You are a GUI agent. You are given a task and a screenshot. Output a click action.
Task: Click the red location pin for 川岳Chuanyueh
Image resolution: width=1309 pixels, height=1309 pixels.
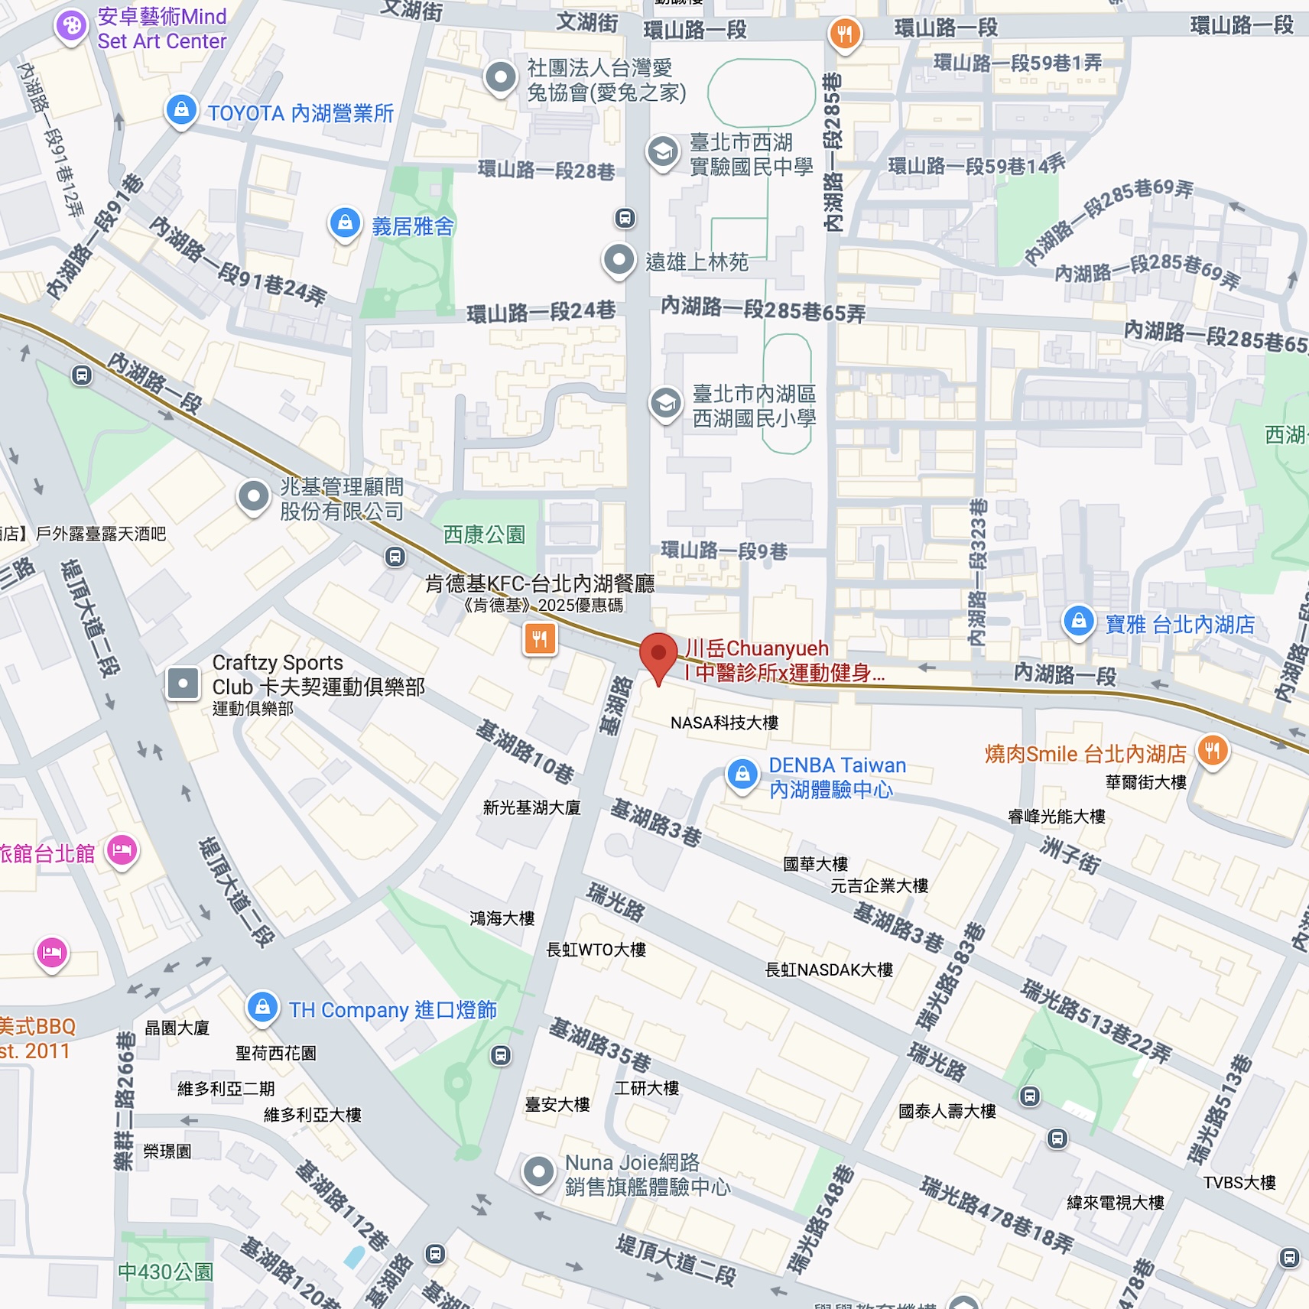[x=658, y=656]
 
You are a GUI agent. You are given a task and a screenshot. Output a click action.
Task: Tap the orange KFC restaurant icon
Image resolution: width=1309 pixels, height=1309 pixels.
[x=540, y=638]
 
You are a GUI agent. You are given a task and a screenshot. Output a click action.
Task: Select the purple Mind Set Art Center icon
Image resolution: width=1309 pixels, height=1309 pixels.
[x=71, y=27]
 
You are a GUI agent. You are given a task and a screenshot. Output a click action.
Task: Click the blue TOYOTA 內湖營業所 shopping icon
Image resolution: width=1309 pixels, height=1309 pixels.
[x=181, y=110]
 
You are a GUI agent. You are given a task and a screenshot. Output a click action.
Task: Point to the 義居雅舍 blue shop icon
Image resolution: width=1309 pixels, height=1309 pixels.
[x=345, y=222]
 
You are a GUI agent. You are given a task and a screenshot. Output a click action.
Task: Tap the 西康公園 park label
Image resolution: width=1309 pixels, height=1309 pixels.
[x=484, y=534]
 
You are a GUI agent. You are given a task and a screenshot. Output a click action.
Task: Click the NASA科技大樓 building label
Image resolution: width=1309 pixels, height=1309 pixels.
[x=724, y=723]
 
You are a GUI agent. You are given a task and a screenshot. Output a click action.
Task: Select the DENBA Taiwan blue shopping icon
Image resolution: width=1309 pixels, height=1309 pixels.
[x=742, y=775]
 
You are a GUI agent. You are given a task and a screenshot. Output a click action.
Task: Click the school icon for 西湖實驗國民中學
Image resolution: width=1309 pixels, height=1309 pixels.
[x=663, y=151]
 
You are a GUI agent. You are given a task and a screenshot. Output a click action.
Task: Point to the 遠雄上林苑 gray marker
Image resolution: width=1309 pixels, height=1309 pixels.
[x=619, y=260]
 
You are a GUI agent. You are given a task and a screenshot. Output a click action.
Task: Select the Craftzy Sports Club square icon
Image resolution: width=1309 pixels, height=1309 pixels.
[x=184, y=684]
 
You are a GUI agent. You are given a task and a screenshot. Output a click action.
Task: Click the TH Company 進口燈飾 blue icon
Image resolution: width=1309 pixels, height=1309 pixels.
[x=262, y=1007]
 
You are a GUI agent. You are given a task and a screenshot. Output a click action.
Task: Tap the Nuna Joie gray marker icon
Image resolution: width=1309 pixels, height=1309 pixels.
[x=538, y=1171]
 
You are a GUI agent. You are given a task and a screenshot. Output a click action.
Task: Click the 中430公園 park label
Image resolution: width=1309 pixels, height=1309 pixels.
[x=165, y=1272]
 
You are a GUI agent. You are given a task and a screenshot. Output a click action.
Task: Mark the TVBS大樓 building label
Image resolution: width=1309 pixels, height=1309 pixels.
[x=1239, y=1183]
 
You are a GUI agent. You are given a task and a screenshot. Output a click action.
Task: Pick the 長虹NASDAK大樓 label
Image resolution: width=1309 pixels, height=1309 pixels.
[x=829, y=970]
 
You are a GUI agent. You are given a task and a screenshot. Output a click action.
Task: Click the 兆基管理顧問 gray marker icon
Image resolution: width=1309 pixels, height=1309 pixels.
[x=253, y=496]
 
